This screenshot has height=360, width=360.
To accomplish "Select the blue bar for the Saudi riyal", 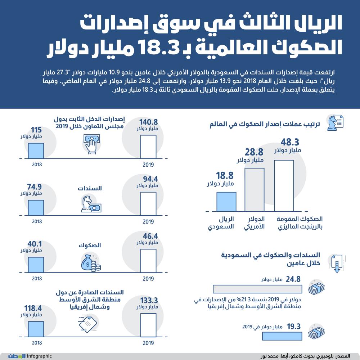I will (226, 202).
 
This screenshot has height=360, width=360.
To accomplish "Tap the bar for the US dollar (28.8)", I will (255, 189).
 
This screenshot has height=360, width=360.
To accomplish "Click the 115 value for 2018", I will (37, 130).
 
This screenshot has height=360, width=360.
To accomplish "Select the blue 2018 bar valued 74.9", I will (36, 208).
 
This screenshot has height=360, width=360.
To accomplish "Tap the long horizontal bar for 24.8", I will (257, 289).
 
